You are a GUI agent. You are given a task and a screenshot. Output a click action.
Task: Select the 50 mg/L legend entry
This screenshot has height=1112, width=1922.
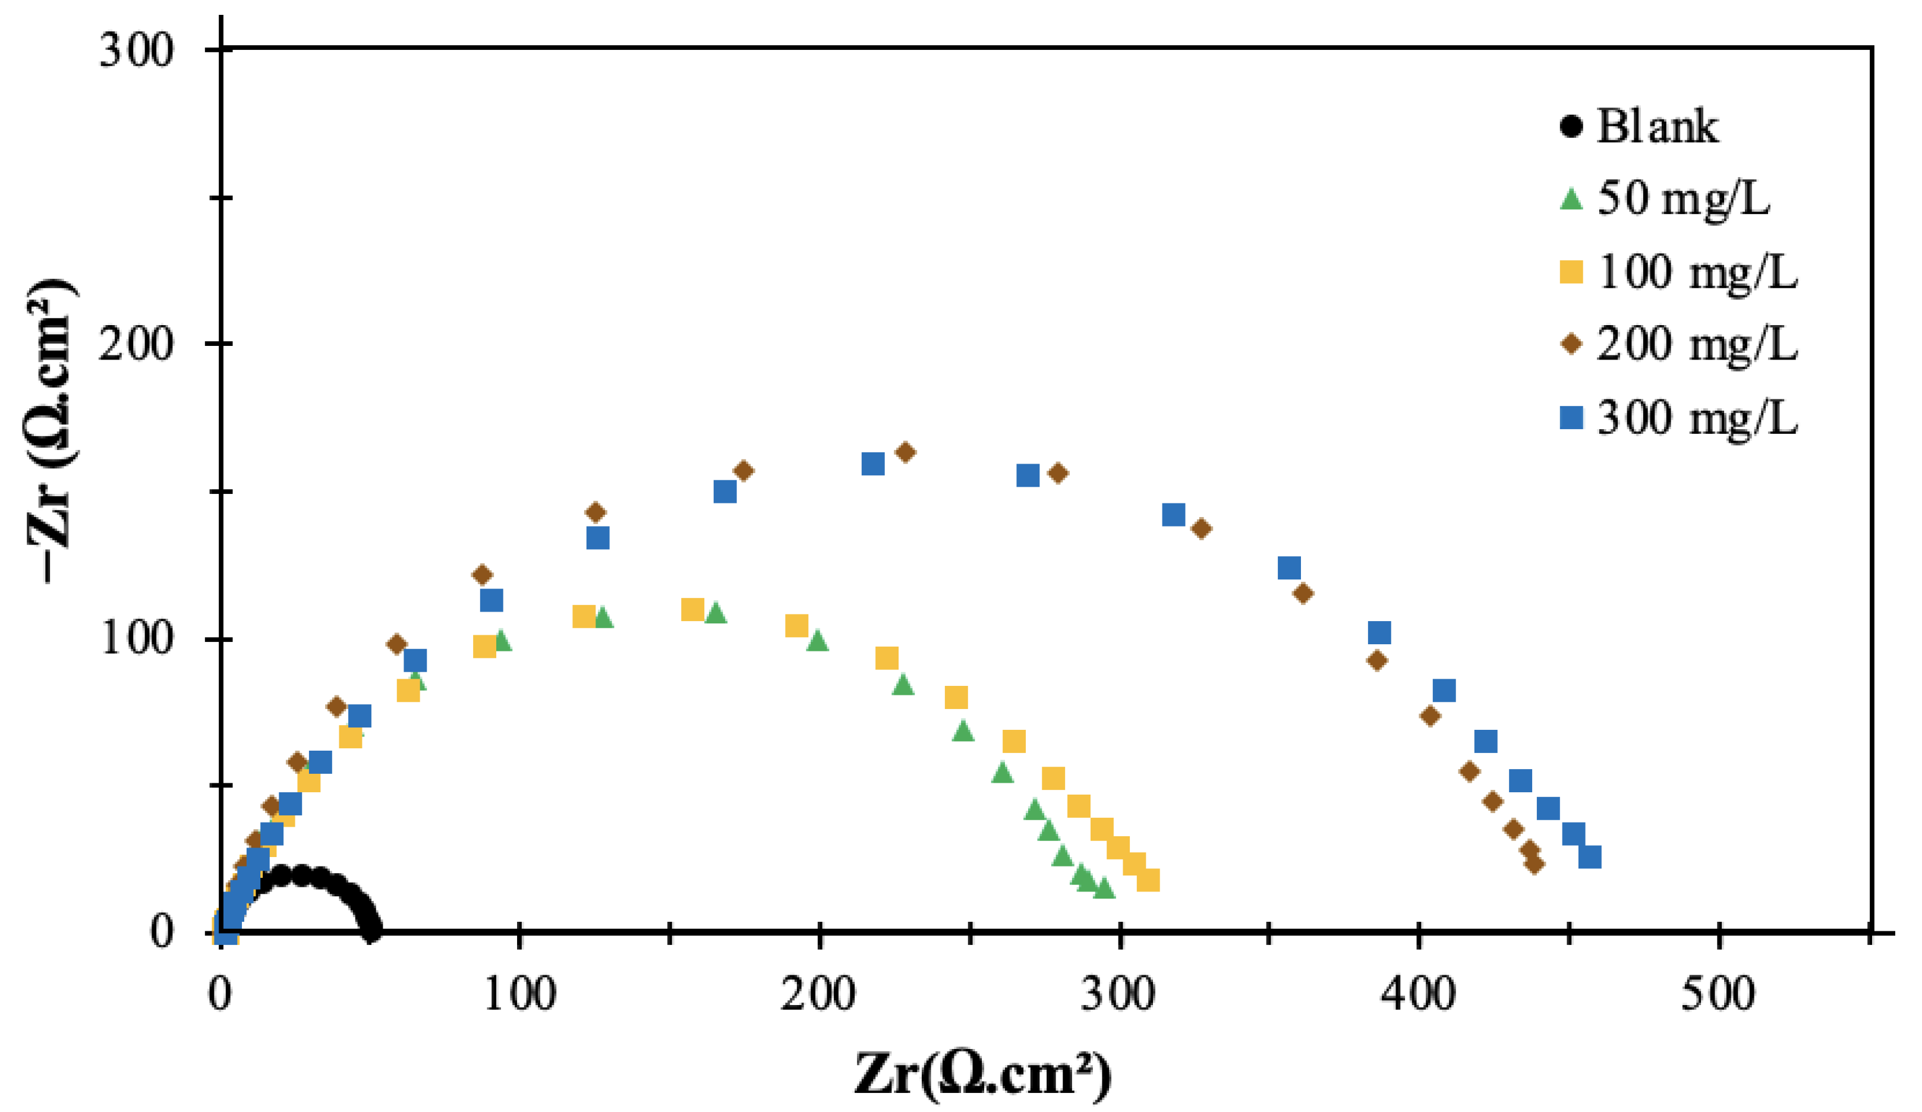(x=1682, y=199)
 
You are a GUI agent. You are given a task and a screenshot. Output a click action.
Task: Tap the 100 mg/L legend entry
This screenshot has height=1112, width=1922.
(x=1696, y=272)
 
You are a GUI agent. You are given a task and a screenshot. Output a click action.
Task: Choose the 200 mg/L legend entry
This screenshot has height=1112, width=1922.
(x=1696, y=344)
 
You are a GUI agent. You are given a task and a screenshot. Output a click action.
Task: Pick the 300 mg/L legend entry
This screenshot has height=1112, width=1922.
(x=1696, y=417)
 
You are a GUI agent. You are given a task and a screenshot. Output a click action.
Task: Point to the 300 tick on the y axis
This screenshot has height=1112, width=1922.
(x=137, y=51)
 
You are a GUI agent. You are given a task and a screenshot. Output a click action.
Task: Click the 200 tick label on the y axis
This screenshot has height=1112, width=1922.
(x=137, y=344)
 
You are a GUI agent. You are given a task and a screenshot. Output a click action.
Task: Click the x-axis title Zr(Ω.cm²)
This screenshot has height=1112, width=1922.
(x=982, y=1073)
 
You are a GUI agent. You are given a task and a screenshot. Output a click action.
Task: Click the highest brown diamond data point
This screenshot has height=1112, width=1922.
(x=905, y=452)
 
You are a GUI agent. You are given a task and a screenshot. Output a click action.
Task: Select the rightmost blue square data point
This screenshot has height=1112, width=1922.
(x=1589, y=856)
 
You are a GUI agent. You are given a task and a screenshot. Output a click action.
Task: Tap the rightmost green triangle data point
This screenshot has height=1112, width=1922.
(x=1104, y=888)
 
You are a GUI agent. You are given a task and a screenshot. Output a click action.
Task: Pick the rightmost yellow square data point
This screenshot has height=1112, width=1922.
(x=1148, y=880)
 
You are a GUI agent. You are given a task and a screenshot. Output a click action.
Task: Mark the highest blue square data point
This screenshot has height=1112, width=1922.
(x=872, y=464)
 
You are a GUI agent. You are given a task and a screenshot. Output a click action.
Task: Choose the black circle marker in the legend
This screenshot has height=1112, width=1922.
(x=1571, y=127)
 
